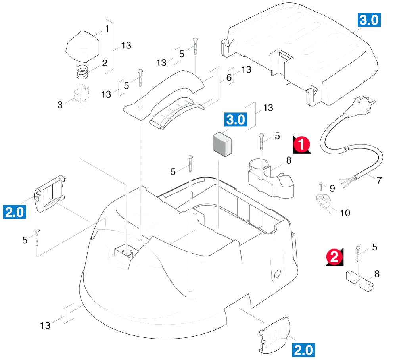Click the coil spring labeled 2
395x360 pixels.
tap(82, 72)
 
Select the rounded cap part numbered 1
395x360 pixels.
tap(82, 47)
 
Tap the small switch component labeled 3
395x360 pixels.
tap(81, 94)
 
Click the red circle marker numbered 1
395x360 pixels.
tap(301, 144)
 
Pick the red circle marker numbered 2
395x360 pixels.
tap(335, 257)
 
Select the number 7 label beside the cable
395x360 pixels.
tap(379, 181)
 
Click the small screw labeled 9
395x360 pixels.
tap(321, 186)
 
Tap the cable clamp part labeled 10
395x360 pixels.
tap(324, 203)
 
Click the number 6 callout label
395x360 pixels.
tap(229, 77)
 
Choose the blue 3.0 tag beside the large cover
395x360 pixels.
tap(369, 20)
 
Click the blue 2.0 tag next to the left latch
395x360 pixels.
tap(15, 212)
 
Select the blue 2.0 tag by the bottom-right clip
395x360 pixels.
tap(303, 350)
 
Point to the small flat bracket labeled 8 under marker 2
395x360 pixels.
tap(359, 281)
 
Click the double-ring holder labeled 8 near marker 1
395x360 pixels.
tap(271, 178)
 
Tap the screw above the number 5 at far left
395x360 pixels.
tap(37, 237)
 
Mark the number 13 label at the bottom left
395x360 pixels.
tap(45, 326)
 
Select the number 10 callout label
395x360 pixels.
tap(345, 213)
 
